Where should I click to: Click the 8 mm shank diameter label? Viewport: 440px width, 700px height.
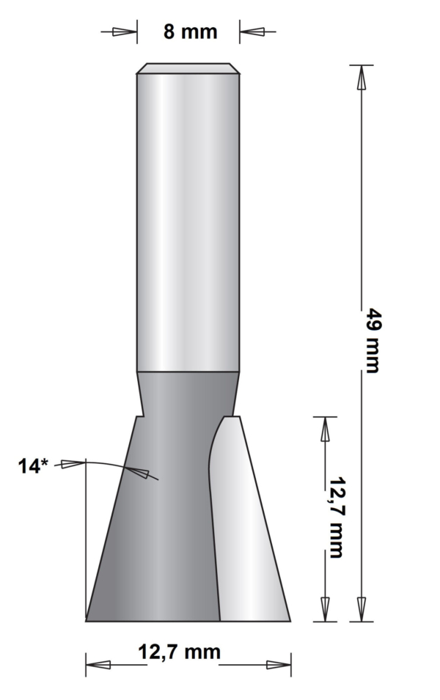[x=190, y=32]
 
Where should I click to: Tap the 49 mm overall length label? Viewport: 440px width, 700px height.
[x=373, y=342]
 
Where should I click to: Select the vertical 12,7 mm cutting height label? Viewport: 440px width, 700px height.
[x=335, y=517]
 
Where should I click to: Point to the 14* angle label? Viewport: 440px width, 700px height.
[x=33, y=465]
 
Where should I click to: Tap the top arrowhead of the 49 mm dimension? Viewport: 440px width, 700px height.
[x=361, y=78]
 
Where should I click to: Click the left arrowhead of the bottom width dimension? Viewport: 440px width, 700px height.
[x=98, y=665]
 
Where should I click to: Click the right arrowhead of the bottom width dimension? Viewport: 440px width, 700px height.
[x=279, y=665]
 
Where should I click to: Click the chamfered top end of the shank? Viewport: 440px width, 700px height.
[x=188, y=68]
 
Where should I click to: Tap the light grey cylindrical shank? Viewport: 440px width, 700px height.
[x=188, y=220]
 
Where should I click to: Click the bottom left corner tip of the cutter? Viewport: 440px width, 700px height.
[x=87, y=620]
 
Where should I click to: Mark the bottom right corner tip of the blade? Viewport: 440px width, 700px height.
[x=290, y=620]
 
